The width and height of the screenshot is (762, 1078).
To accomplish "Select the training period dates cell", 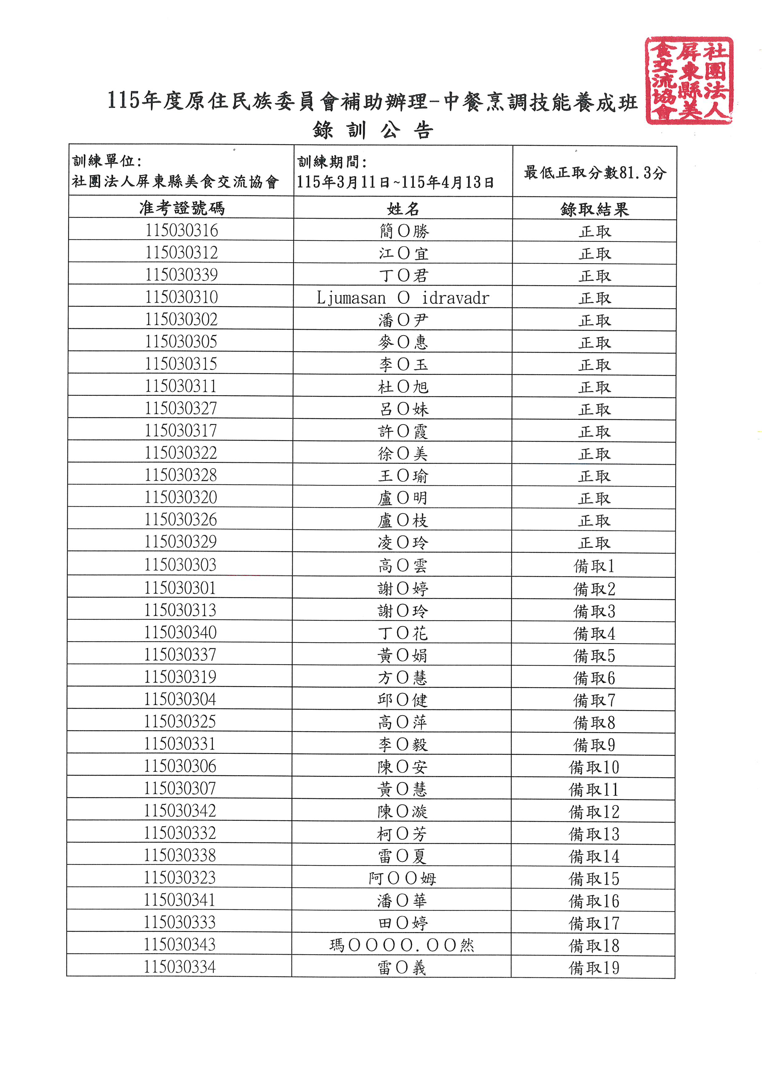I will coord(395,182).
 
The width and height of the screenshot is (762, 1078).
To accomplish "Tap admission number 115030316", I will coord(181,230).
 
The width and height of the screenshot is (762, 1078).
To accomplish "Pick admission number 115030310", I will coord(181,297).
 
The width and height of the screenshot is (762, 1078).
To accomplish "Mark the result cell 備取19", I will coord(594,968).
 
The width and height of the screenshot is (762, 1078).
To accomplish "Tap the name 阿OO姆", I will coord(403,878).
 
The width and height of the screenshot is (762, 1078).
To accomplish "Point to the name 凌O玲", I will coord(403,543).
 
